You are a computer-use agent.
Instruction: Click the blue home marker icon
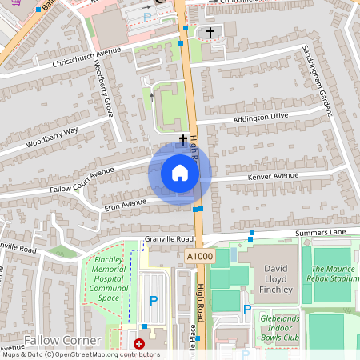click(180, 173)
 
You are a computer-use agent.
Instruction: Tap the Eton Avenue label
click(126, 205)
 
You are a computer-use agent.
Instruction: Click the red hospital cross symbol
click(139, 344)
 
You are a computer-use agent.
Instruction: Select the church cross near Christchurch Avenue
click(211, 33)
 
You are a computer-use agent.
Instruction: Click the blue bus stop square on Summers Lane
click(251, 234)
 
